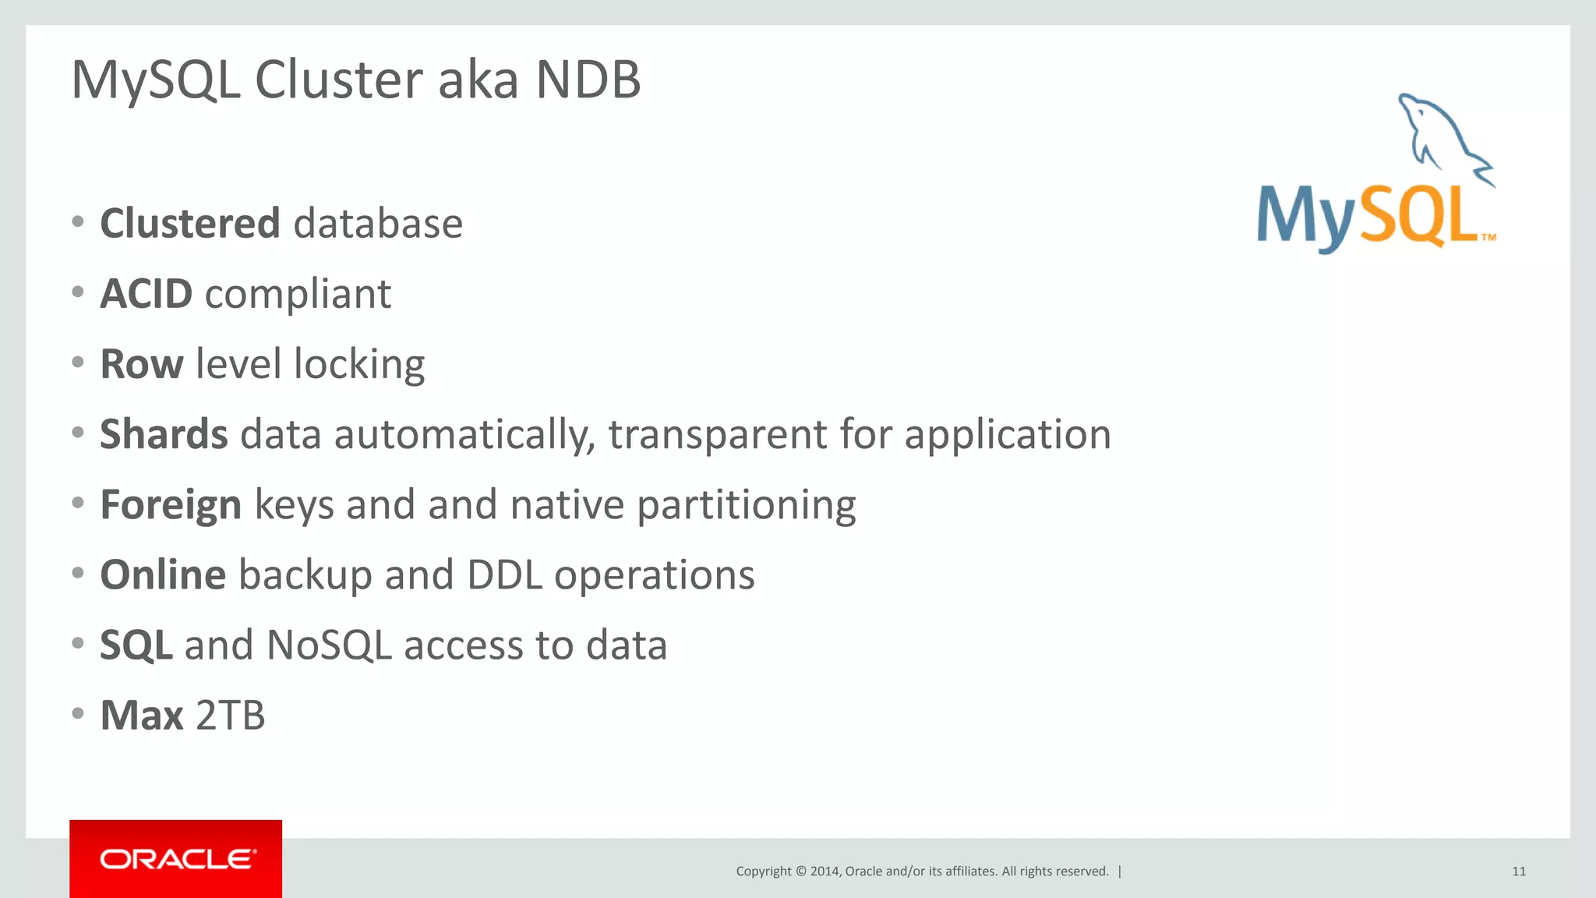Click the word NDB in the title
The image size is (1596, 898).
click(588, 80)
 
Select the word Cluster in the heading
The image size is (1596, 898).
click(339, 80)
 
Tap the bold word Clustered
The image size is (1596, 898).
click(190, 224)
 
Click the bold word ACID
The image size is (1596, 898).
click(147, 294)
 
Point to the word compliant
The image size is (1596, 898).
click(298, 295)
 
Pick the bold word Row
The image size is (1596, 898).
click(142, 364)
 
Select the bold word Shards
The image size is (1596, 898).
click(164, 434)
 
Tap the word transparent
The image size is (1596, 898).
click(717, 435)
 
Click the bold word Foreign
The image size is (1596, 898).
click(171, 504)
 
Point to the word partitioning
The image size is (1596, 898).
click(746, 505)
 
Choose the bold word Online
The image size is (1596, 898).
click(163, 575)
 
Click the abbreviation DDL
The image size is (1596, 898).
click(504, 575)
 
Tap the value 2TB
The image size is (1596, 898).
click(230, 716)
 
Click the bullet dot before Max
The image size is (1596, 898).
click(77, 713)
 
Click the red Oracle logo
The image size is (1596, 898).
click(176, 859)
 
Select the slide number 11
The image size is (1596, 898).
click(1519, 871)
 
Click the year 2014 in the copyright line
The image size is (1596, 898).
click(824, 871)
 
